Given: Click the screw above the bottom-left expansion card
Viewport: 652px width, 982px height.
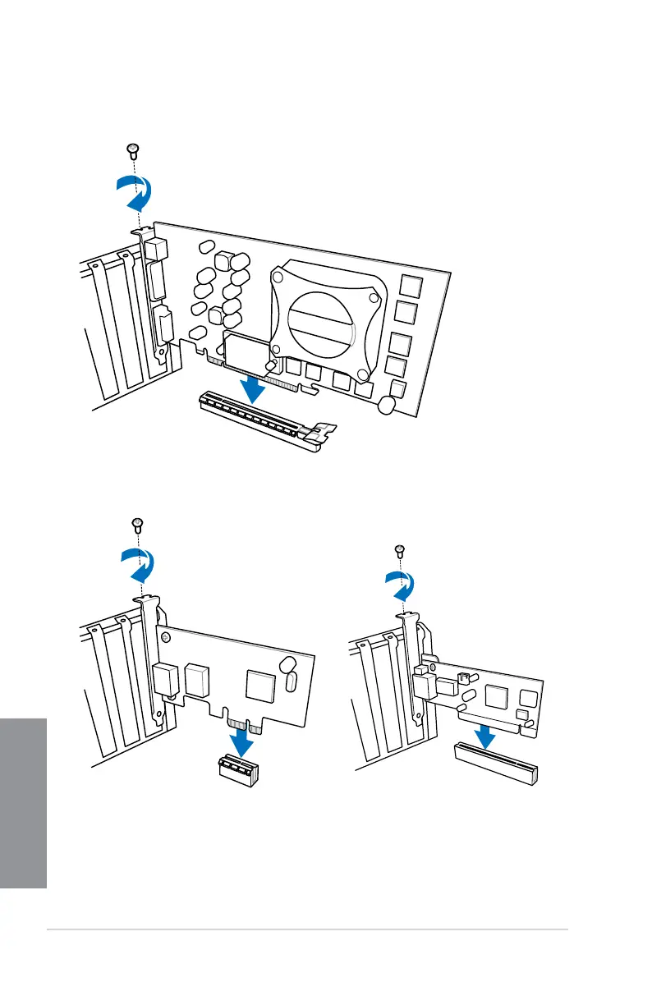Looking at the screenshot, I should click(137, 522).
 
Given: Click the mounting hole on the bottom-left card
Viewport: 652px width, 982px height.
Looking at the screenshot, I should click(168, 636).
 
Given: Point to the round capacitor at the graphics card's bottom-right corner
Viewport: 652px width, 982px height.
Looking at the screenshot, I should click(388, 405).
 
